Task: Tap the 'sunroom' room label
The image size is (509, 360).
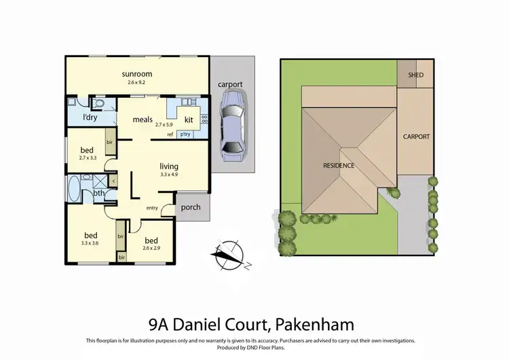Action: [136, 73]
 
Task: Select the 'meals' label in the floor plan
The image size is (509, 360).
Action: [143, 120]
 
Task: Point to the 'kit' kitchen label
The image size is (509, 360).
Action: [189, 120]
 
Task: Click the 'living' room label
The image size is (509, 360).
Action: [169, 166]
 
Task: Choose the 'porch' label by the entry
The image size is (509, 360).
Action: [191, 207]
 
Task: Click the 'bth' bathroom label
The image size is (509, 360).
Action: [99, 192]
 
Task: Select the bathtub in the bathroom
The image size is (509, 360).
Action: [73, 187]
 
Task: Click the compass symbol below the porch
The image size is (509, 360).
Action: [227, 254]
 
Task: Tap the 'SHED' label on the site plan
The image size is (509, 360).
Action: [415, 75]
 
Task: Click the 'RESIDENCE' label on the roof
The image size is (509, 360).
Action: [339, 165]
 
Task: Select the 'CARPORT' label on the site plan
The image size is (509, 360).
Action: [416, 137]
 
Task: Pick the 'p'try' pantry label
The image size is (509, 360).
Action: [185, 134]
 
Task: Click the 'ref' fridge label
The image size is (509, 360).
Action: [170, 134]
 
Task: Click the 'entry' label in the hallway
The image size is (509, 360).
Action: [152, 207]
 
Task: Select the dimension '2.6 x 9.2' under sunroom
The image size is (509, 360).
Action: [136, 82]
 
